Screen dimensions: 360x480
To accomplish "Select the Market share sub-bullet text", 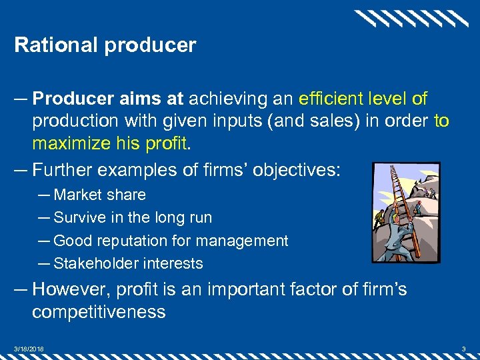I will tap(99, 195).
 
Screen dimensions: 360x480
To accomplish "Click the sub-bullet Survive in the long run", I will tap(132, 217).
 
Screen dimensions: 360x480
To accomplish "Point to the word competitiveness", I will tap(99, 312).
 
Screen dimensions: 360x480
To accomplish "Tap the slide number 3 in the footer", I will tap(464, 348).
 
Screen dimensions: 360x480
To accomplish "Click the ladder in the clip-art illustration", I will tap(403, 200).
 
